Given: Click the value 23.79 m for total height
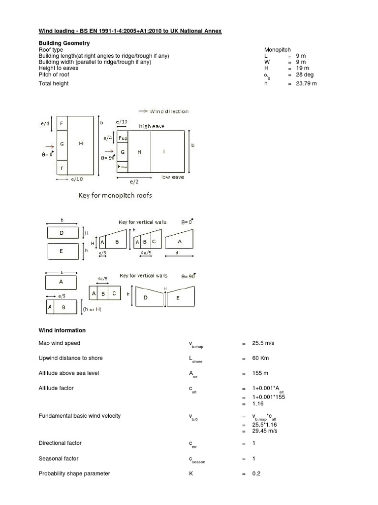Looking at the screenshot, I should (x=306, y=84).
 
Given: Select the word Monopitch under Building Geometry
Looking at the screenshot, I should (x=278, y=50).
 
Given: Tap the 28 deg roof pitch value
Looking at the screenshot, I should (x=304, y=74).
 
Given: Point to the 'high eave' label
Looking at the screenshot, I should (x=152, y=127).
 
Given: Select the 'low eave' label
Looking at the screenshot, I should (x=173, y=177).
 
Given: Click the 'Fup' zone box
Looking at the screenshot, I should (x=123, y=139).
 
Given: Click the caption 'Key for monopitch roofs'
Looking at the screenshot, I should (x=115, y=195).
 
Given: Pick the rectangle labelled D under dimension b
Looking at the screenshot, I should (x=62, y=232).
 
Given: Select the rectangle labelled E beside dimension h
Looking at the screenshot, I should (x=62, y=251).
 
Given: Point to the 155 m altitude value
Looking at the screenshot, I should (x=260, y=373).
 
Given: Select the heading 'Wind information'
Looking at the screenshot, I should (x=62, y=330).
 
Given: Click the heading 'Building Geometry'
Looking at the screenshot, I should (x=64, y=43).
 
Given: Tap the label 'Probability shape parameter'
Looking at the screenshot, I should (x=74, y=473).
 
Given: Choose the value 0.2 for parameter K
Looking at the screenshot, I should (x=256, y=474).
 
